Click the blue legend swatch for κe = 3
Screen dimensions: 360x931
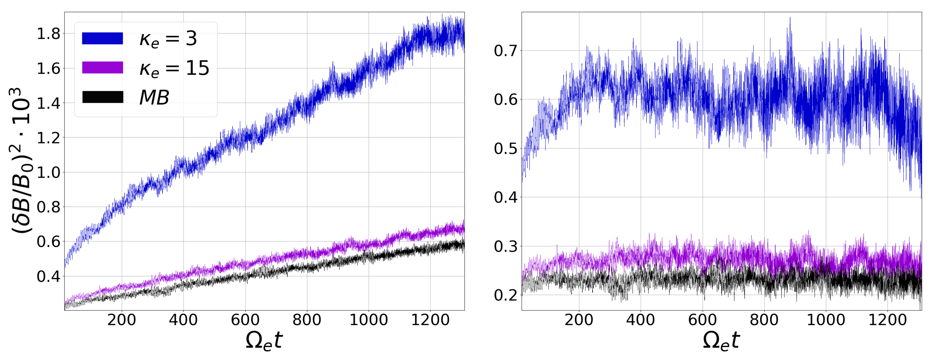[102, 38]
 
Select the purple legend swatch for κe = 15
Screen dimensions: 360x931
[102, 68]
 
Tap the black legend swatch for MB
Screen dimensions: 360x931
[102, 97]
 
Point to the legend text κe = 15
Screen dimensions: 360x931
[174, 68]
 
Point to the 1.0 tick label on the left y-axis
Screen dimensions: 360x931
[48, 172]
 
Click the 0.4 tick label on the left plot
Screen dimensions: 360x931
[48, 277]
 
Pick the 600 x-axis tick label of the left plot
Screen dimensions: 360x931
[245, 320]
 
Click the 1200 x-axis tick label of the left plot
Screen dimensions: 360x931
[430, 320]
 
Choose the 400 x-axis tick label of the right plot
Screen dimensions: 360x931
[641, 320]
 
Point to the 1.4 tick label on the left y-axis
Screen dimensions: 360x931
[48, 103]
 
